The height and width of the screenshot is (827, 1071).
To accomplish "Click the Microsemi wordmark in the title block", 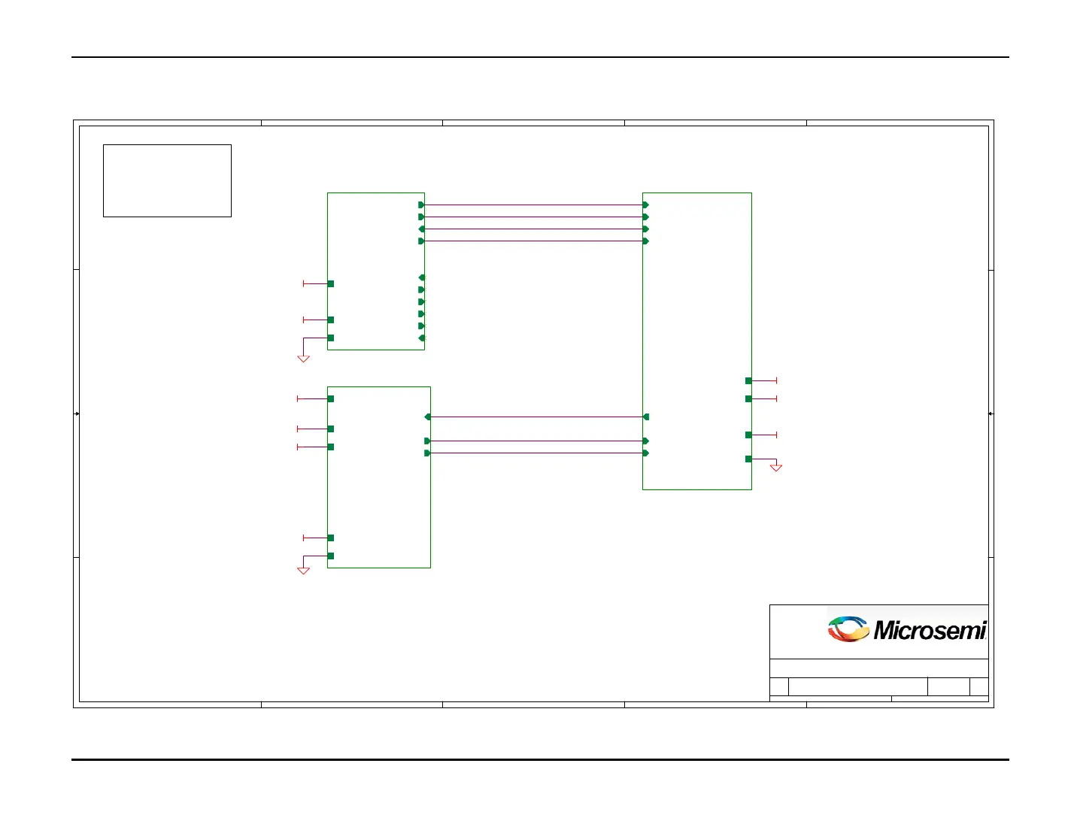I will [930, 630].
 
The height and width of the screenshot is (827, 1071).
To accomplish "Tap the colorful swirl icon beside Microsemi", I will [848, 629].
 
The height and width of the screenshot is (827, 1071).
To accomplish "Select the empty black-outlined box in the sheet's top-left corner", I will [167, 180].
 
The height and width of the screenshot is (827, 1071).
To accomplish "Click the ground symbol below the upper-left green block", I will [303, 359].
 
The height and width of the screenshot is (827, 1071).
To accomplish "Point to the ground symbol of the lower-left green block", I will [303, 571].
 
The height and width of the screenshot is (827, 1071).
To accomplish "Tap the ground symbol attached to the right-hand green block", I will [776, 468].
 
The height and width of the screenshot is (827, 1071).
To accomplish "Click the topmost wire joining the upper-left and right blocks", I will [534, 204].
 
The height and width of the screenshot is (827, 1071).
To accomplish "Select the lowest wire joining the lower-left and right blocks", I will [534, 453].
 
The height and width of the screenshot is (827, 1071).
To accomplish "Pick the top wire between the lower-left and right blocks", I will [534, 417].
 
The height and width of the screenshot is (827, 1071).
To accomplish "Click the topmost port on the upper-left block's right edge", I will [421, 204].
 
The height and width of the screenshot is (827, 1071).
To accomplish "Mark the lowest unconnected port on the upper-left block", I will [421, 338].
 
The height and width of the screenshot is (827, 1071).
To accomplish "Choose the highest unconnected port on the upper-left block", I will [421, 277].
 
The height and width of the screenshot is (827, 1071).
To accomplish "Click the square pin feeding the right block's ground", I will [748, 459].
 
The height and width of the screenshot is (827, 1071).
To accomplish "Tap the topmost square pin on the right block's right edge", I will [748, 380].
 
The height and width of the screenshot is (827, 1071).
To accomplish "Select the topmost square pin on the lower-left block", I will [331, 398].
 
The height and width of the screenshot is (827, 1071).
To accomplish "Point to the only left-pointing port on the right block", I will [646, 417].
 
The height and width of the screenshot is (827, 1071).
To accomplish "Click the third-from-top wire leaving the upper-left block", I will [534, 229].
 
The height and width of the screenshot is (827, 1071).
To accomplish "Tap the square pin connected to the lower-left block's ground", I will [331, 556].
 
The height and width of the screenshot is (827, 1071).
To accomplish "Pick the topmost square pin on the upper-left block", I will [331, 283].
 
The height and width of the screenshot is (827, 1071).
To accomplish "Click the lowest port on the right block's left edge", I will [646, 453].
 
